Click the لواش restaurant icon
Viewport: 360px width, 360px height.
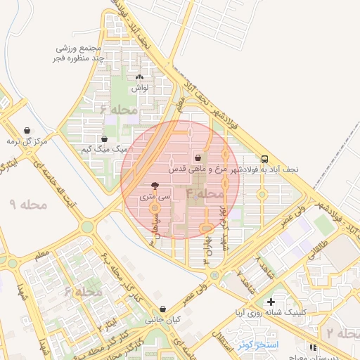(139, 78)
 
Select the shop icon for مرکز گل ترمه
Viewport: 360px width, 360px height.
(27, 130)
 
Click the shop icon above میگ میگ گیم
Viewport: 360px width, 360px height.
(105, 139)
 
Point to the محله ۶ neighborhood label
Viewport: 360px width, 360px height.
(115, 110)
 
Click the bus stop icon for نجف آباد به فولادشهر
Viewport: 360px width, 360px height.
(264, 159)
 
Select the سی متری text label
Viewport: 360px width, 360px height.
(155, 199)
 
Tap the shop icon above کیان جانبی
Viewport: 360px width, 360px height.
(163, 309)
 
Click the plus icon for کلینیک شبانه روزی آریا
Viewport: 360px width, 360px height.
(271, 302)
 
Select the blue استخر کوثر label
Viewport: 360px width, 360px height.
(258, 345)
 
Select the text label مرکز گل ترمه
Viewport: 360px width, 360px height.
(27, 141)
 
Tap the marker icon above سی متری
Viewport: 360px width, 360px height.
(155, 187)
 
